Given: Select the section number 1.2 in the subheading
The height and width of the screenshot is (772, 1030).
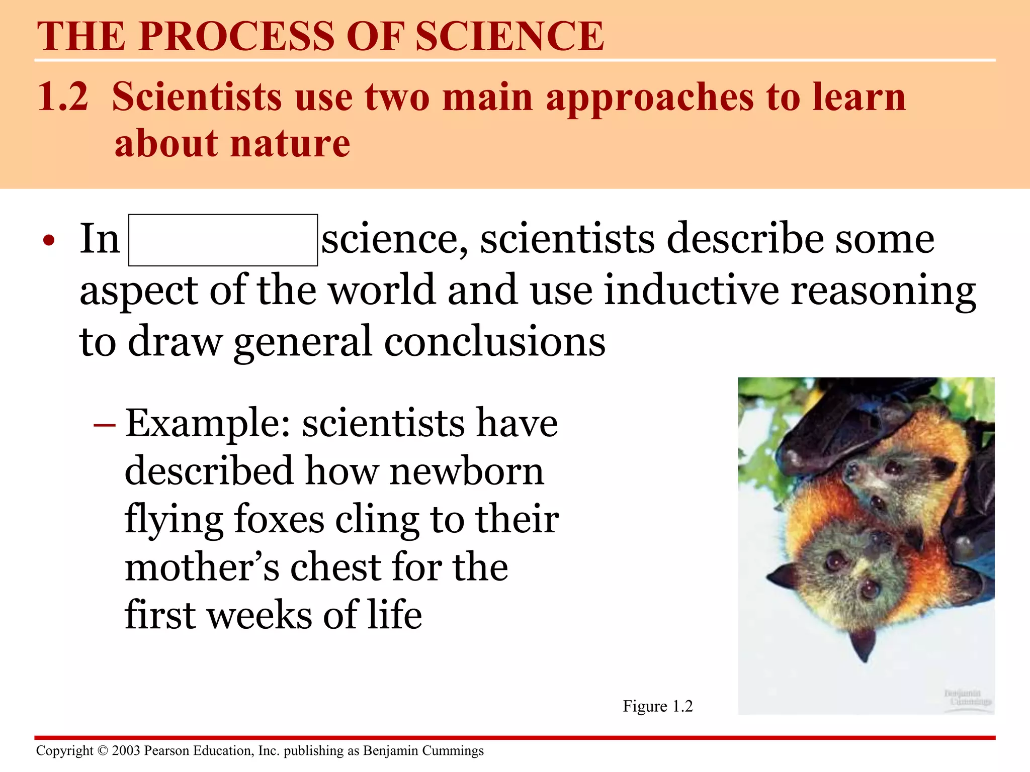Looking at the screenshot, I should click(x=63, y=96).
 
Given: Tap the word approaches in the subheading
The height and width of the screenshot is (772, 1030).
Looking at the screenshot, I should click(x=649, y=98).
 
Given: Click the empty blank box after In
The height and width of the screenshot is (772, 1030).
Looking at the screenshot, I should click(x=223, y=240).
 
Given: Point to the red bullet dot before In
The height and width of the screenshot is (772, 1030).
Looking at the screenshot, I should click(x=48, y=241).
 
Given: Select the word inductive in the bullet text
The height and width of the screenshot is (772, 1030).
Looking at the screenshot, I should click(x=691, y=290).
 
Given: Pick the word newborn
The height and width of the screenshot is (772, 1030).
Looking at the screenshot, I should click(x=466, y=471).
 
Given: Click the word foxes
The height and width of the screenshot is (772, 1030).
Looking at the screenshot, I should click(x=279, y=519).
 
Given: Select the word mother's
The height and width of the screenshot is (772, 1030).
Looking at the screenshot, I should click(x=202, y=567).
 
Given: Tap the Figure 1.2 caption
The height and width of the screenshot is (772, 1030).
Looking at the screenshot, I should click(x=657, y=706).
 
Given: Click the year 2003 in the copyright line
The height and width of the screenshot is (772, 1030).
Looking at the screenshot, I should click(x=126, y=750).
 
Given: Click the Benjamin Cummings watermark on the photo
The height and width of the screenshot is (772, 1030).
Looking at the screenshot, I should click(x=967, y=697).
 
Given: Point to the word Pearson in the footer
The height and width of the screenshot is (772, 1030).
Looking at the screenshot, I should click(x=166, y=750).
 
